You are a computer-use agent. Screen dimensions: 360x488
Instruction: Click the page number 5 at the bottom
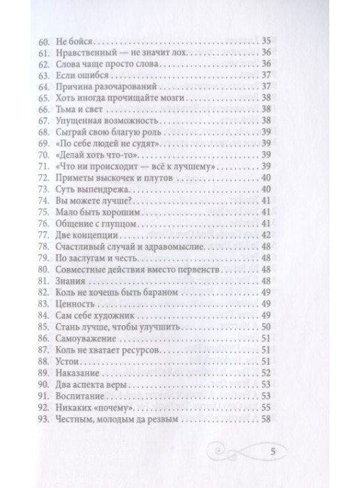click(272, 453)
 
